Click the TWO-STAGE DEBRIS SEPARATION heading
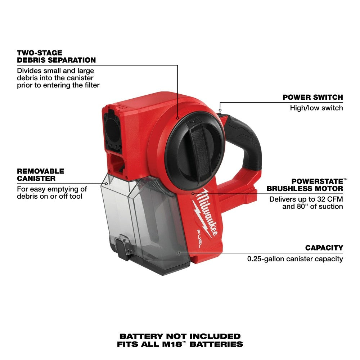click(57, 57)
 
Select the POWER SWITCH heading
click(312, 97)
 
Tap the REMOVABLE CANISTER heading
click(40, 175)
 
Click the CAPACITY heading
click(324, 248)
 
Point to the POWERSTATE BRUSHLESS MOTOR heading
click(317, 185)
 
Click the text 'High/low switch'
click(316, 108)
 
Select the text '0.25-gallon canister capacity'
click(295, 258)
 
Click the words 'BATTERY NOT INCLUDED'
click(180, 336)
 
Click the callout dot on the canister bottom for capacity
click(179, 253)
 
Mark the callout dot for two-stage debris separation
click(177, 118)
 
